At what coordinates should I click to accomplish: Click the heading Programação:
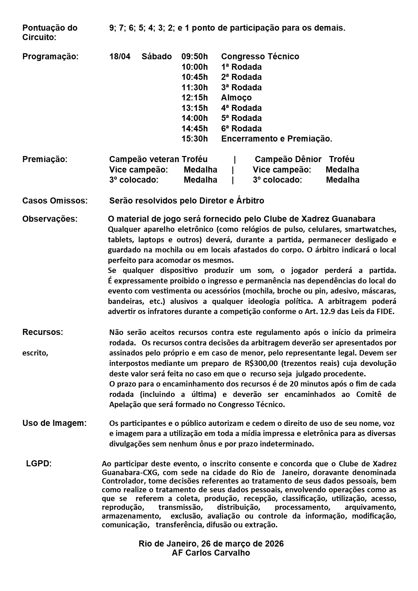click(50, 57)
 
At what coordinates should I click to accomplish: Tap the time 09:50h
click(195, 57)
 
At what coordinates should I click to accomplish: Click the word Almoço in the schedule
click(236, 98)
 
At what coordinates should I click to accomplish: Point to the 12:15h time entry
click(195, 98)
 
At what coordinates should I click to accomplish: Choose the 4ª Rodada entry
click(241, 108)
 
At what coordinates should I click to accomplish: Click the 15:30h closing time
click(195, 139)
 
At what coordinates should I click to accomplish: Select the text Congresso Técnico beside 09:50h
click(260, 57)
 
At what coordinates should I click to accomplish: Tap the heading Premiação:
click(45, 159)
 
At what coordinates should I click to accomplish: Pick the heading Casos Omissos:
click(55, 201)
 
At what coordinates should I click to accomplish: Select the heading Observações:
click(50, 219)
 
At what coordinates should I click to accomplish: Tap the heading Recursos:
click(42, 332)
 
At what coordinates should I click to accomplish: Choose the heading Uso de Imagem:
click(54, 423)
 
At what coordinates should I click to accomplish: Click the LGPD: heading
click(39, 464)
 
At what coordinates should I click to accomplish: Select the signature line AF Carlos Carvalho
click(211, 553)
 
